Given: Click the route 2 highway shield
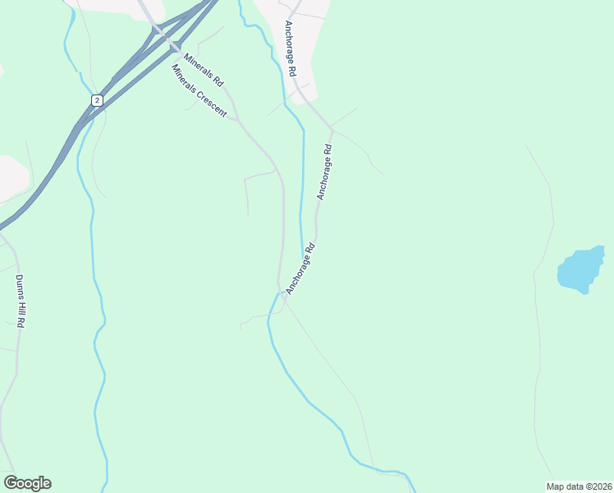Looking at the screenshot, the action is (97, 99).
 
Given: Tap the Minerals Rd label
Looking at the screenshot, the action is (204, 71).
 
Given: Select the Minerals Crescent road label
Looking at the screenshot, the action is (199, 90).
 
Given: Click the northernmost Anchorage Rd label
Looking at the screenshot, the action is (290, 49).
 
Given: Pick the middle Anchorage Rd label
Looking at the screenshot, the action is (326, 172).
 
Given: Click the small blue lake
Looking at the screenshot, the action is (580, 270).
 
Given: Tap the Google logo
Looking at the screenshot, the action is (27, 483).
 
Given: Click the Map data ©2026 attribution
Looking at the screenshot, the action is (579, 486).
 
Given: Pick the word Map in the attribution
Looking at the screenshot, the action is (555, 486).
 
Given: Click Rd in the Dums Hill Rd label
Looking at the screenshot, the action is (22, 321).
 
